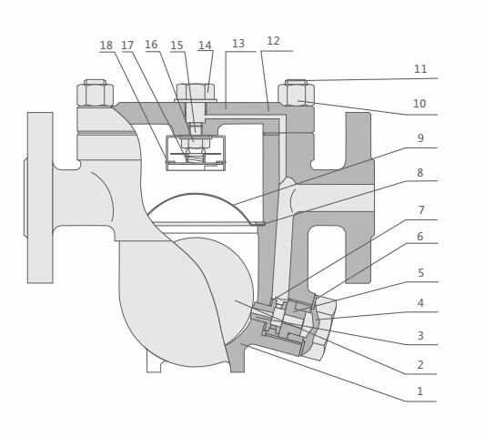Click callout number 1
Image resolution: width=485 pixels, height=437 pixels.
[419, 391]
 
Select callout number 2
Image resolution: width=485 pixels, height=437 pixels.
[419, 365]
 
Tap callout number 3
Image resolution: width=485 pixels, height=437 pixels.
[419, 336]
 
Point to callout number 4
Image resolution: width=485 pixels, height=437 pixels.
[419, 303]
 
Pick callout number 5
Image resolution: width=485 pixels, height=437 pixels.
[419, 273]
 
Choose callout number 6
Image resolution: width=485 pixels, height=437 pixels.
[419, 237]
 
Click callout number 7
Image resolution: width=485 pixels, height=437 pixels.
[420, 210]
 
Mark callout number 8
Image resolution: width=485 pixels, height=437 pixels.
[419, 173]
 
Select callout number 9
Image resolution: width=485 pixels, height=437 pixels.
[419, 138]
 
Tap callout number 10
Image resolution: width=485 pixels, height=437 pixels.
[419, 104]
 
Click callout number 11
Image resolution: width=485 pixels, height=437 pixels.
[419, 69]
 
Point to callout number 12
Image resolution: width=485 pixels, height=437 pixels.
[273, 41]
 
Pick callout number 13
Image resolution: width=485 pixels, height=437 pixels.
[238, 44]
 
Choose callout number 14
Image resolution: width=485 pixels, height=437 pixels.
[205, 46]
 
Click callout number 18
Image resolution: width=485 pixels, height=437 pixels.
[106, 46]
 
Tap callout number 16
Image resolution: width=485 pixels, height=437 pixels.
[151, 45]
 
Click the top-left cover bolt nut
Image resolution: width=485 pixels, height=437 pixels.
[95, 94]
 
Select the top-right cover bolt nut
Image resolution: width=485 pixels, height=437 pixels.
[296, 94]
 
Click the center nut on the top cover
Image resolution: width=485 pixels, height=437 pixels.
[196, 92]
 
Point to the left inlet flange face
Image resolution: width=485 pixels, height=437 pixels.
[40, 198]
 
